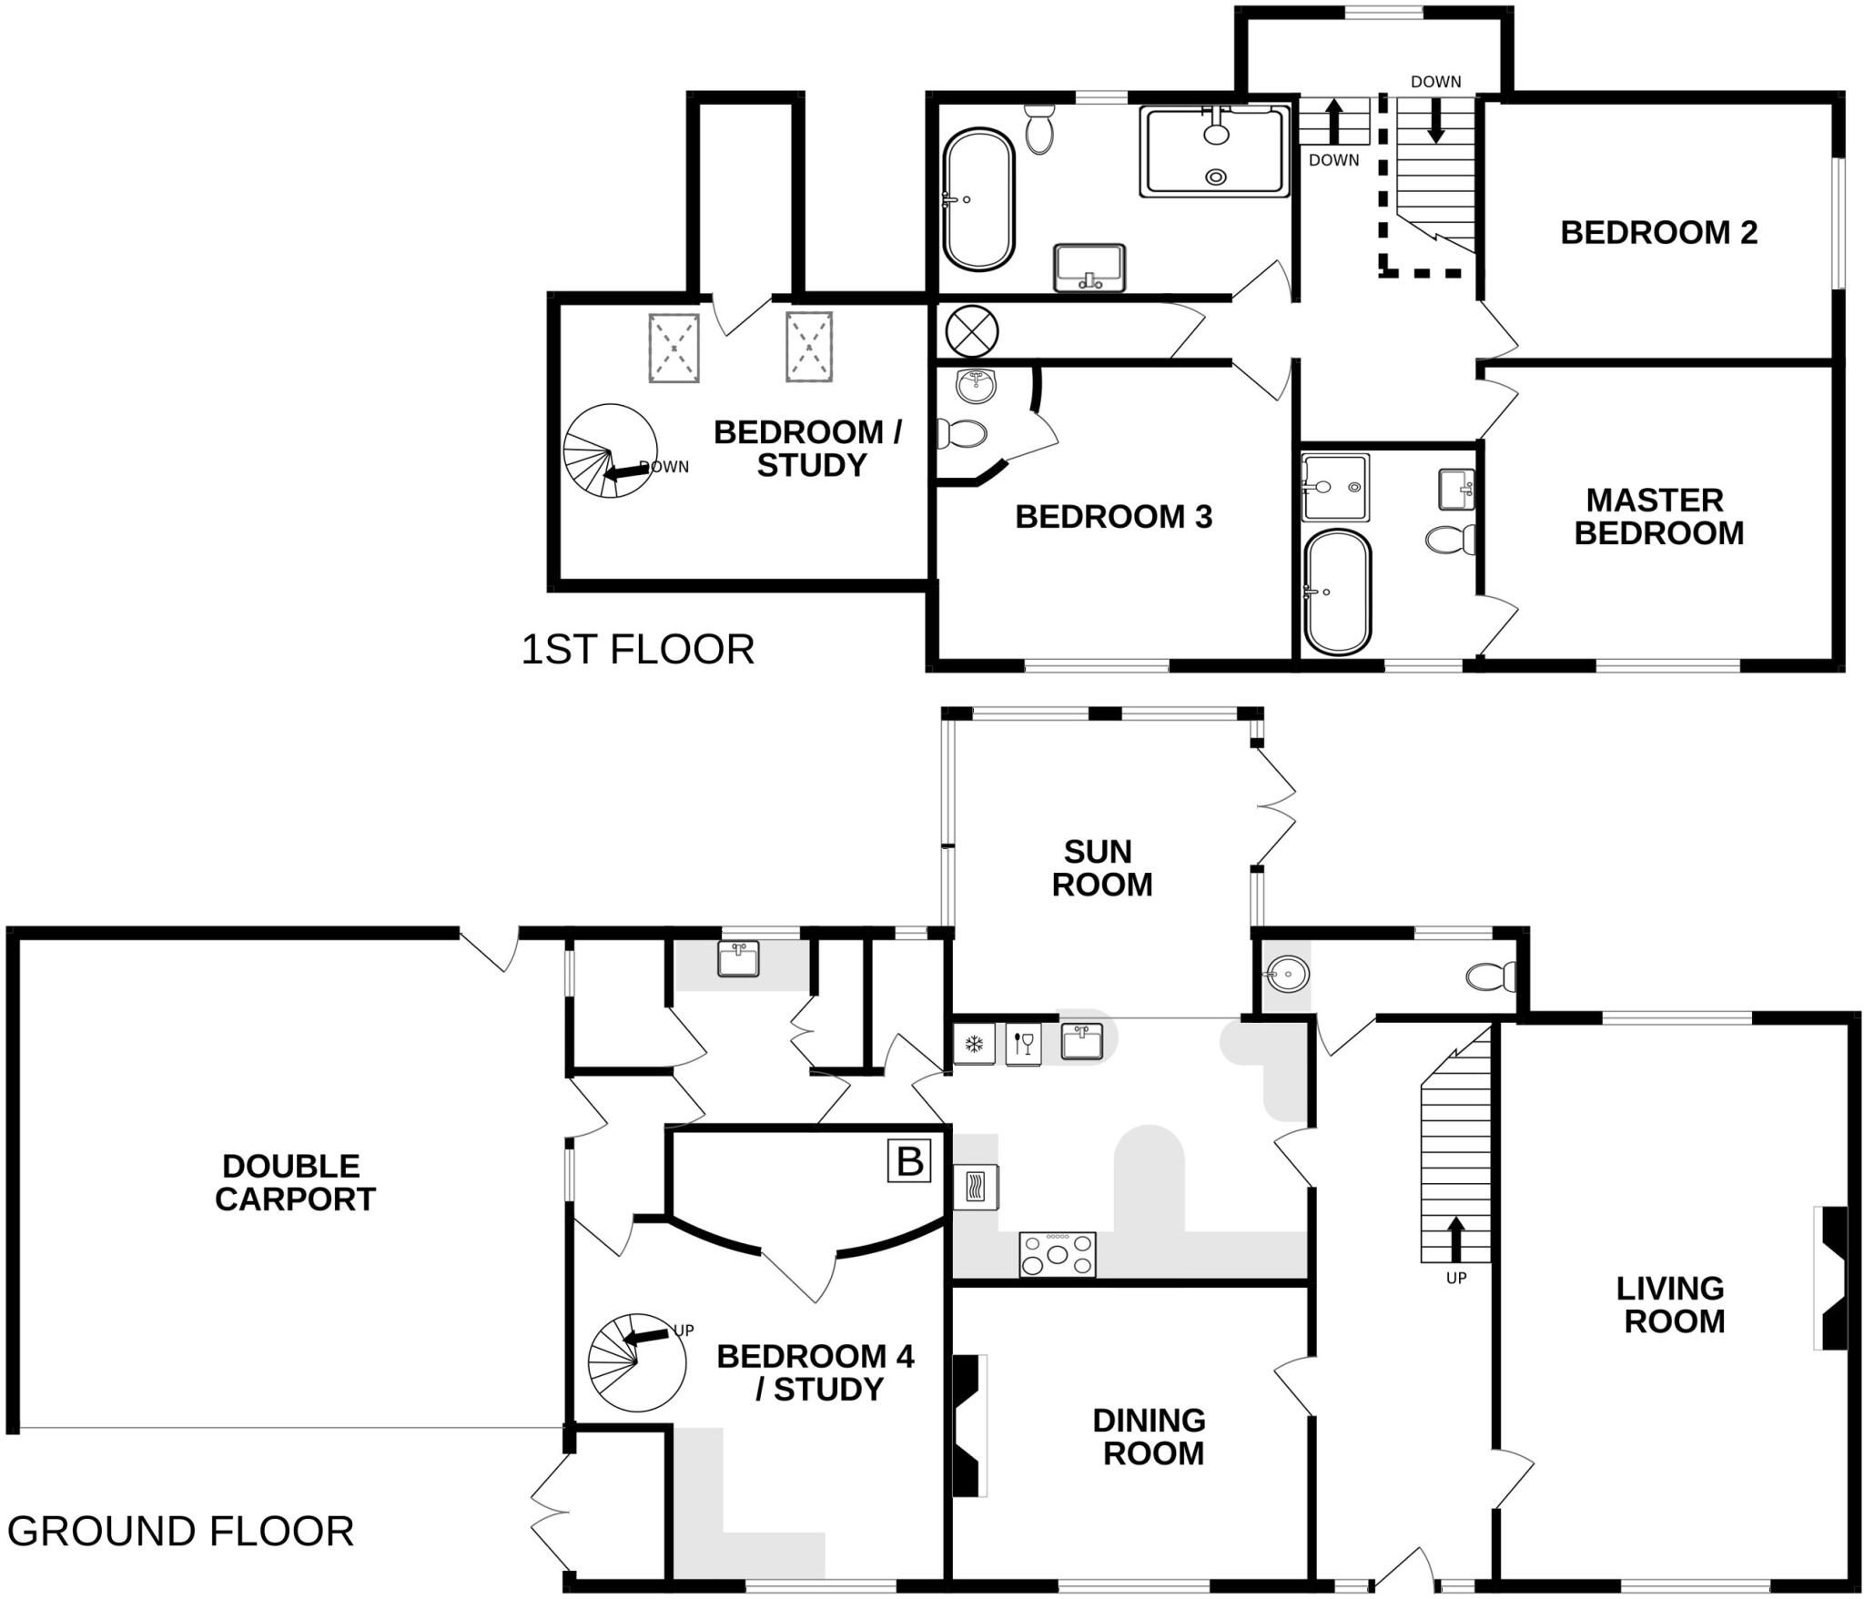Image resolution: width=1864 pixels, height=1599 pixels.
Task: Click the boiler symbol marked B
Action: (x=909, y=1161)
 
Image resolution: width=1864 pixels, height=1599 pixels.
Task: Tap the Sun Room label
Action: (x=1101, y=868)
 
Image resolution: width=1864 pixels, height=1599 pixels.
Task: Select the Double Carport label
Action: (x=294, y=1182)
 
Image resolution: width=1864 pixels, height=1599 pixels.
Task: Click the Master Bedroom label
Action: (x=1658, y=516)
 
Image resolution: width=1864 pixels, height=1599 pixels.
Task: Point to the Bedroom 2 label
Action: (x=1658, y=233)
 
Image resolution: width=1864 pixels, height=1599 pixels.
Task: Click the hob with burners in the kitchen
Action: (x=1057, y=1254)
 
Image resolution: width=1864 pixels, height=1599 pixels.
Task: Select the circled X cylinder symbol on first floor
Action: (x=972, y=330)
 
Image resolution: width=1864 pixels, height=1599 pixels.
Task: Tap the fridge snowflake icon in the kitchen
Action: (x=973, y=1043)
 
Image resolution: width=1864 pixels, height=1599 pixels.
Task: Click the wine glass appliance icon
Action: (x=1023, y=1043)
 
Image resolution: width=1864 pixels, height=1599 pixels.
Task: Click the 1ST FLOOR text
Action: (x=637, y=650)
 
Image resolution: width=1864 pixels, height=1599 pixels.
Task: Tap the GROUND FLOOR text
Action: (x=180, y=1531)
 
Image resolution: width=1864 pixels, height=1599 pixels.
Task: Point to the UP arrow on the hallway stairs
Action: (x=1455, y=1239)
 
